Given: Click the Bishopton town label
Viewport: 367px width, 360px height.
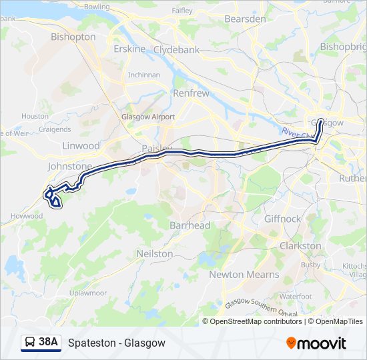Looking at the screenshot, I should coord(73,37).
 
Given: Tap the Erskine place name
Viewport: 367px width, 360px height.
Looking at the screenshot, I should coord(129,49).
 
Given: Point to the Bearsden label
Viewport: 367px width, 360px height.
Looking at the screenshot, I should coord(245,19).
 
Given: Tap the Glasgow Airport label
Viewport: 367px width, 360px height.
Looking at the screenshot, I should coord(148,117).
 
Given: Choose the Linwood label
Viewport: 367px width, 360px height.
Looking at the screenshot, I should coord(80,145).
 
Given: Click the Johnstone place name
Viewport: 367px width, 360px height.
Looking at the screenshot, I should coord(70,166).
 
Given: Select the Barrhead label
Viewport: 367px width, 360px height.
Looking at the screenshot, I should coord(190,225).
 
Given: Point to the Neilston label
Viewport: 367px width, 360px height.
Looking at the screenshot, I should coord(154,254).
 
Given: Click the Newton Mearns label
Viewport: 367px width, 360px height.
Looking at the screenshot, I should coord(244,274).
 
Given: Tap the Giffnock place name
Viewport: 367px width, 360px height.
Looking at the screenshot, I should coord(282,219).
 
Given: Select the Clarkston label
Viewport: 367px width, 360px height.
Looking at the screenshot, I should coord(300,246).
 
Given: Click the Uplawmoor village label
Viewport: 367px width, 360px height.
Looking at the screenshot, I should coord(87,293).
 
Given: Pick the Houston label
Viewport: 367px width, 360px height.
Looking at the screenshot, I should coord(35,116).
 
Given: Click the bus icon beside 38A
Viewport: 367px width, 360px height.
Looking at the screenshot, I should coord(30,343).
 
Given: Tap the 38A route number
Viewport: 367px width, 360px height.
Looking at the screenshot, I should coord(48,343).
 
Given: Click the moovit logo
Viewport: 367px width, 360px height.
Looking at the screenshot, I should coord(316,343).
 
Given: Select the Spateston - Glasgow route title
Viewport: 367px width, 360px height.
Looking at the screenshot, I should coord(116,343).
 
